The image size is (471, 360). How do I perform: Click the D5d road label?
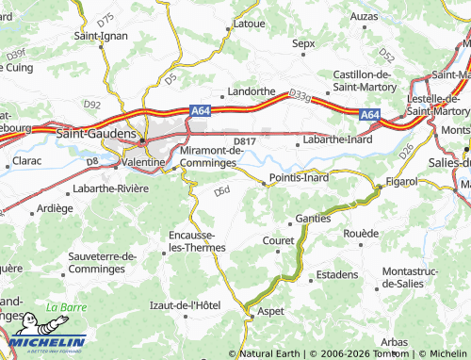click(222, 192)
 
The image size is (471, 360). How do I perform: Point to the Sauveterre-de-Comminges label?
click(103, 261)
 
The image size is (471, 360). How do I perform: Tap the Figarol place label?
click(401, 179)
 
